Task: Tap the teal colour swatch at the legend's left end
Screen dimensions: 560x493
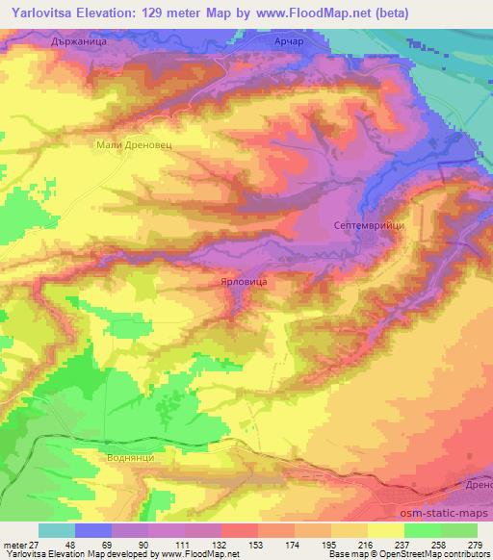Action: click(56, 531)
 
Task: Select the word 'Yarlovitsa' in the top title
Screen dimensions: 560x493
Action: click(42, 13)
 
